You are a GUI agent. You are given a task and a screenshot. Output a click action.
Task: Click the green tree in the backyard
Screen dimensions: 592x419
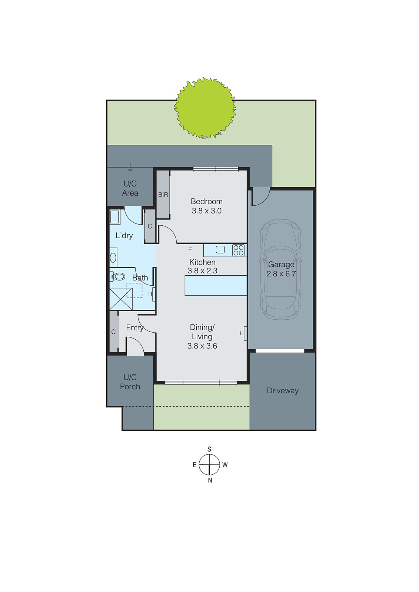click(x=205, y=108)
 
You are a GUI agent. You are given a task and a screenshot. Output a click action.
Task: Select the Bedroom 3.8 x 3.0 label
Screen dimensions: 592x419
click(x=207, y=206)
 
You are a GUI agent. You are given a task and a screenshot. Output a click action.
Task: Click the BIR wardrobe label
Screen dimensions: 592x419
click(x=163, y=195)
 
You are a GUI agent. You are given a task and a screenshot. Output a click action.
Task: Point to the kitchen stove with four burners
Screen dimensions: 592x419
click(x=239, y=250)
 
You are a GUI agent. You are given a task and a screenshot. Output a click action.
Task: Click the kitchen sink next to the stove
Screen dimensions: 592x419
click(x=220, y=250)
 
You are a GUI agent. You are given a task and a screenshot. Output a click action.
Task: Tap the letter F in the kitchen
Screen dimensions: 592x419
click(x=190, y=250)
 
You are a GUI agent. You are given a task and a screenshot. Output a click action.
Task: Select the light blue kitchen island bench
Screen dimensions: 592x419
click(x=216, y=285)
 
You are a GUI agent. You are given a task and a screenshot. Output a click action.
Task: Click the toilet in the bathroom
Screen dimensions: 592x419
click(x=117, y=276)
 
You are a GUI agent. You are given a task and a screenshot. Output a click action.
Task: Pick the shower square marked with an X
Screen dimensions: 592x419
click(x=121, y=299)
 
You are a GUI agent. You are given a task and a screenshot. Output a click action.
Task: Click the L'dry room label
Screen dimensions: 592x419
click(x=124, y=235)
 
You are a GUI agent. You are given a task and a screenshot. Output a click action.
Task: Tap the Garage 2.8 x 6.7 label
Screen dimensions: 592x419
click(x=281, y=269)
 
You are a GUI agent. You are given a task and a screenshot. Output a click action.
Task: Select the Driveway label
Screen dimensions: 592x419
click(x=283, y=391)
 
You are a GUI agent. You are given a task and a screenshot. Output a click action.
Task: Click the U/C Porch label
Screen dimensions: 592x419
click(x=130, y=382)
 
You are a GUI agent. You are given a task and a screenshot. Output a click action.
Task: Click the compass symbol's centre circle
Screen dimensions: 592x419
click(x=209, y=464)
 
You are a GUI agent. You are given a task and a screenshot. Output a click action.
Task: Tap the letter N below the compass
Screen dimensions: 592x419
click(x=210, y=480)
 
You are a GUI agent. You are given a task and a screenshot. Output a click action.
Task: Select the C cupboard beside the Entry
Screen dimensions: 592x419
click(x=113, y=332)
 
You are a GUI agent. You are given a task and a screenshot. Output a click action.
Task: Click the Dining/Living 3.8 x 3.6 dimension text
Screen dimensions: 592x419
click(x=202, y=346)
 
